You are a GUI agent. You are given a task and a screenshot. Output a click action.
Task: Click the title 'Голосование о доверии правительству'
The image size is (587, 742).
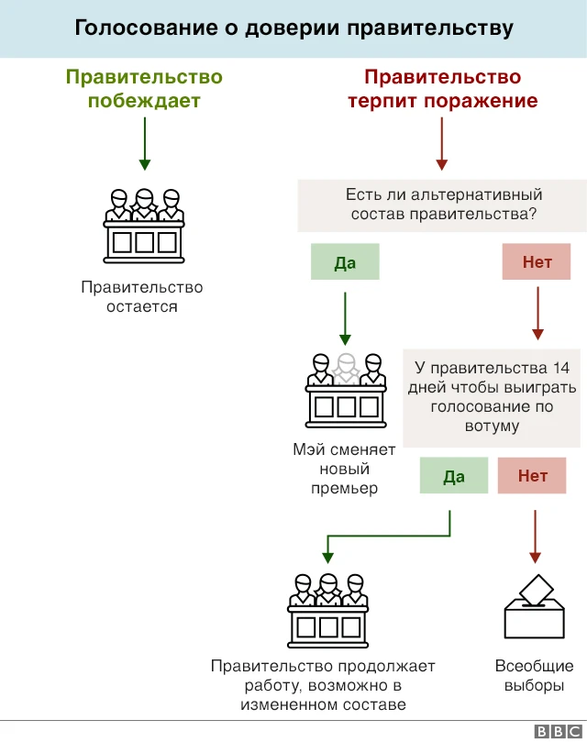(293, 28)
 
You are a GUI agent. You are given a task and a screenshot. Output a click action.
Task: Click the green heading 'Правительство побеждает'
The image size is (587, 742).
(144, 89)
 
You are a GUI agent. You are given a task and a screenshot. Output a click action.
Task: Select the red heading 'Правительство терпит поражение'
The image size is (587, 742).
(442, 89)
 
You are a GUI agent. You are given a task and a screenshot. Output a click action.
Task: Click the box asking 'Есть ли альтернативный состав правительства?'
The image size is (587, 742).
(443, 205)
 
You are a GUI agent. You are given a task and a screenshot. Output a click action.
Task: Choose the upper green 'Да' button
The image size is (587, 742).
(345, 262)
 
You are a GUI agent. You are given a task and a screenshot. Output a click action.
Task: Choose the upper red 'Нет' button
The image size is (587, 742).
(537, 262)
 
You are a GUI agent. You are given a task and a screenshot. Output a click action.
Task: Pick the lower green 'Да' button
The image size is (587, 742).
(454, 475)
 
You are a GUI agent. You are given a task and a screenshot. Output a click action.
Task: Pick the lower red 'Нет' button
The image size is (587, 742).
(533, 475)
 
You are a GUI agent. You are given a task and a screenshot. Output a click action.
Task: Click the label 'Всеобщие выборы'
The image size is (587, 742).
(534, 676)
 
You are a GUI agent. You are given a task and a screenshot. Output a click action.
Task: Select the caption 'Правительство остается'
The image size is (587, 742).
(142, 297)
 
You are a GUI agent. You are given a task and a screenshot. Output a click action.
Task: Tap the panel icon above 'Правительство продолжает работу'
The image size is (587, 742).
(328, 607)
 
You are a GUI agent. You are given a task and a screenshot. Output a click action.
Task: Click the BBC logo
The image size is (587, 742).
(554, 730)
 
